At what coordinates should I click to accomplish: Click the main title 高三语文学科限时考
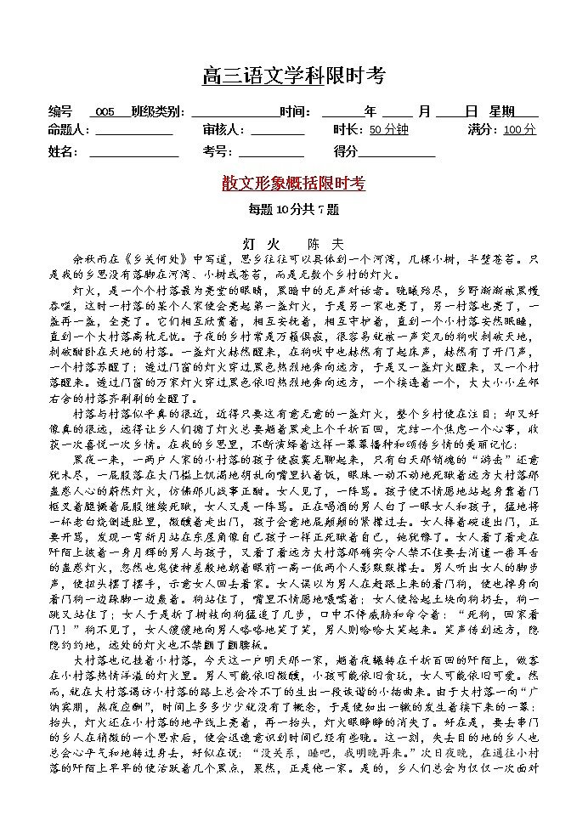[293, 76]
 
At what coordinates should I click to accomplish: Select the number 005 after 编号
[105, 112]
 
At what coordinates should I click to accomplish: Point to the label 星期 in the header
[501, 112]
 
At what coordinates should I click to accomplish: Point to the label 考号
[216, 152]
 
